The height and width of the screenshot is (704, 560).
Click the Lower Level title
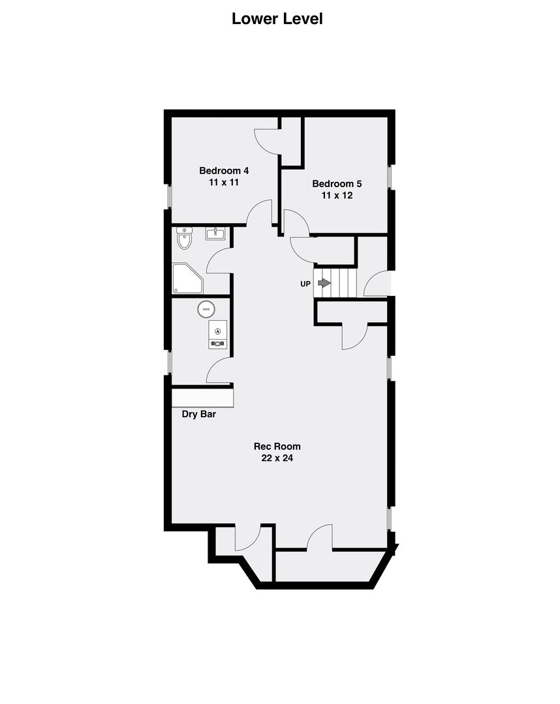277,19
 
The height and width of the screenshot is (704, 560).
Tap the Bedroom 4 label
224,171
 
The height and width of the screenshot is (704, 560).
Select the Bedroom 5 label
337,184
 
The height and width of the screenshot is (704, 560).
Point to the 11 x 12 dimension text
337,196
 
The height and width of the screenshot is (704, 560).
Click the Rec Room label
277,447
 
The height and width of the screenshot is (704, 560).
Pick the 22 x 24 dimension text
277,458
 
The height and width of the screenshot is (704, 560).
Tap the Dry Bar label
198,414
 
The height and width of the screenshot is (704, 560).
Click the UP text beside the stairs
305,284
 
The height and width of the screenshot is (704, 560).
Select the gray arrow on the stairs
324,283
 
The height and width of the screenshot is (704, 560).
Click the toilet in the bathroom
184,238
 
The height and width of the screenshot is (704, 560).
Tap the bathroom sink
215,233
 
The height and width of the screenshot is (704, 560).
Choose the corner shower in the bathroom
187,279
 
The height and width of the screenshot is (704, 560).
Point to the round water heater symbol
206,310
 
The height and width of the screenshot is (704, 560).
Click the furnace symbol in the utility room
217,334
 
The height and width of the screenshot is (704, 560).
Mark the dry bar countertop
203,398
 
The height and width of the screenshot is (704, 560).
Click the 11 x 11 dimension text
224,183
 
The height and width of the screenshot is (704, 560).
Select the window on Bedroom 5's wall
390,177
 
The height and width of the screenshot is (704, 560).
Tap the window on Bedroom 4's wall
168,197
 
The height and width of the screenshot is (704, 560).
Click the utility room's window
168,362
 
